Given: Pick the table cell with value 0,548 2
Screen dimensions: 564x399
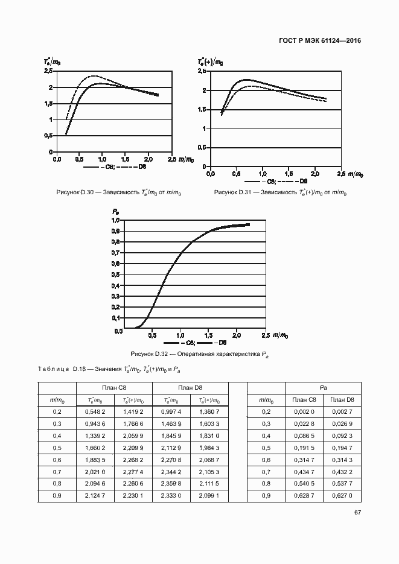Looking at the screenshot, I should pyautogui.click(x=95, y=411).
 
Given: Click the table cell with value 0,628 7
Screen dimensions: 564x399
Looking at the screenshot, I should pyautogui.click(x=304, y=496).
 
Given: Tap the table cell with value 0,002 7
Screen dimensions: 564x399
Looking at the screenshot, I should pyautogui.click(x=342, y=411).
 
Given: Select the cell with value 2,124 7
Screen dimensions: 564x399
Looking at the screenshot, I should pyautogui.click(x=95, y=496).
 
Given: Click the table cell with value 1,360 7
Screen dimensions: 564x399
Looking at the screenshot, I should pyautogui.click(x=208, y=411).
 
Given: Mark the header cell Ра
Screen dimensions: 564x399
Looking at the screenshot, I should pyautogui.click(x=323, y=387).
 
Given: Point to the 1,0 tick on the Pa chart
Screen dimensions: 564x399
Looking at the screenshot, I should pyautogui.click(x=116, y=220).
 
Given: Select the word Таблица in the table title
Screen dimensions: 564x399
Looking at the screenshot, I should pyautogui.click(x=53, y=369).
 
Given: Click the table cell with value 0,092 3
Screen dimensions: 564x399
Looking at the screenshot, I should pyautogui.click(x=342, y=436).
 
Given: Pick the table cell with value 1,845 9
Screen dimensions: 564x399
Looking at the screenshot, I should pyautogui.click(x=171, y=436).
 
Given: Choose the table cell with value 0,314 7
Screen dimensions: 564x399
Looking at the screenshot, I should pyautogui.click(x=304, y=460).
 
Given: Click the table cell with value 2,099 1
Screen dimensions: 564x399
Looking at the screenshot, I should pyautogui.click(x=208, y=496).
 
